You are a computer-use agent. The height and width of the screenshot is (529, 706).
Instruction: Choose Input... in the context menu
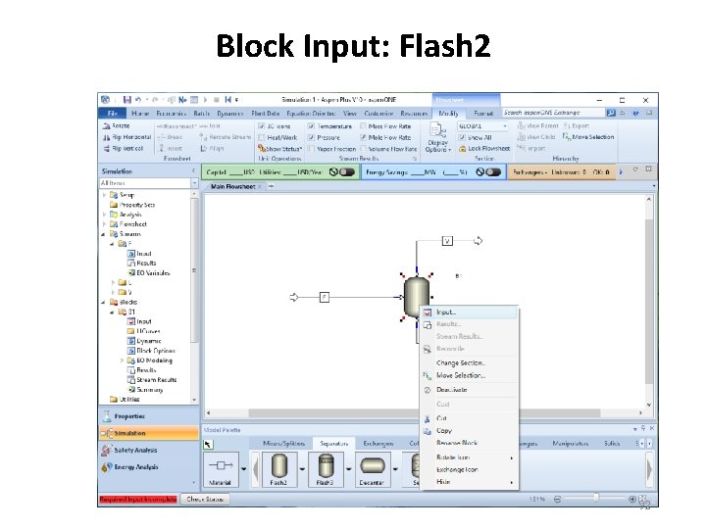pos(447,313)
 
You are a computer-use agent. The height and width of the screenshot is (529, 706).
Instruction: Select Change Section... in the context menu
pos(461,363)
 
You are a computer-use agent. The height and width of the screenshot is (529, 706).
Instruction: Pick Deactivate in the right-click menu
pos(452,389)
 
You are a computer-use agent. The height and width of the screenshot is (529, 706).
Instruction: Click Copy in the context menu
pos(444,431)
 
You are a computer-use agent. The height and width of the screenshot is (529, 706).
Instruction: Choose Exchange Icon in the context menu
pos(458,469)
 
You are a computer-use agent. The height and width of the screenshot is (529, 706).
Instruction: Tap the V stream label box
pos(447,240)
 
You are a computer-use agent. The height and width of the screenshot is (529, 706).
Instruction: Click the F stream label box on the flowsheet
pos(325,296)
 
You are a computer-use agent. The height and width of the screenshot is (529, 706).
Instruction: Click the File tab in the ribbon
pos(111,114)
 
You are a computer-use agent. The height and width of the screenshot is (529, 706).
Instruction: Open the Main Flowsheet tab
pos(232,185)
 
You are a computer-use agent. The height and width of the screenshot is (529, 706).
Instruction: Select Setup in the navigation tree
pos(127,194)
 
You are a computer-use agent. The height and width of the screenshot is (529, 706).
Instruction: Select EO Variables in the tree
pos(153,273)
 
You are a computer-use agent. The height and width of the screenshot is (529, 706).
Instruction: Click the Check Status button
pos(204,500)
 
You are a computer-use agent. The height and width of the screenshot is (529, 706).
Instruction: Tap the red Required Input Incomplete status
pos(137,500)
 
